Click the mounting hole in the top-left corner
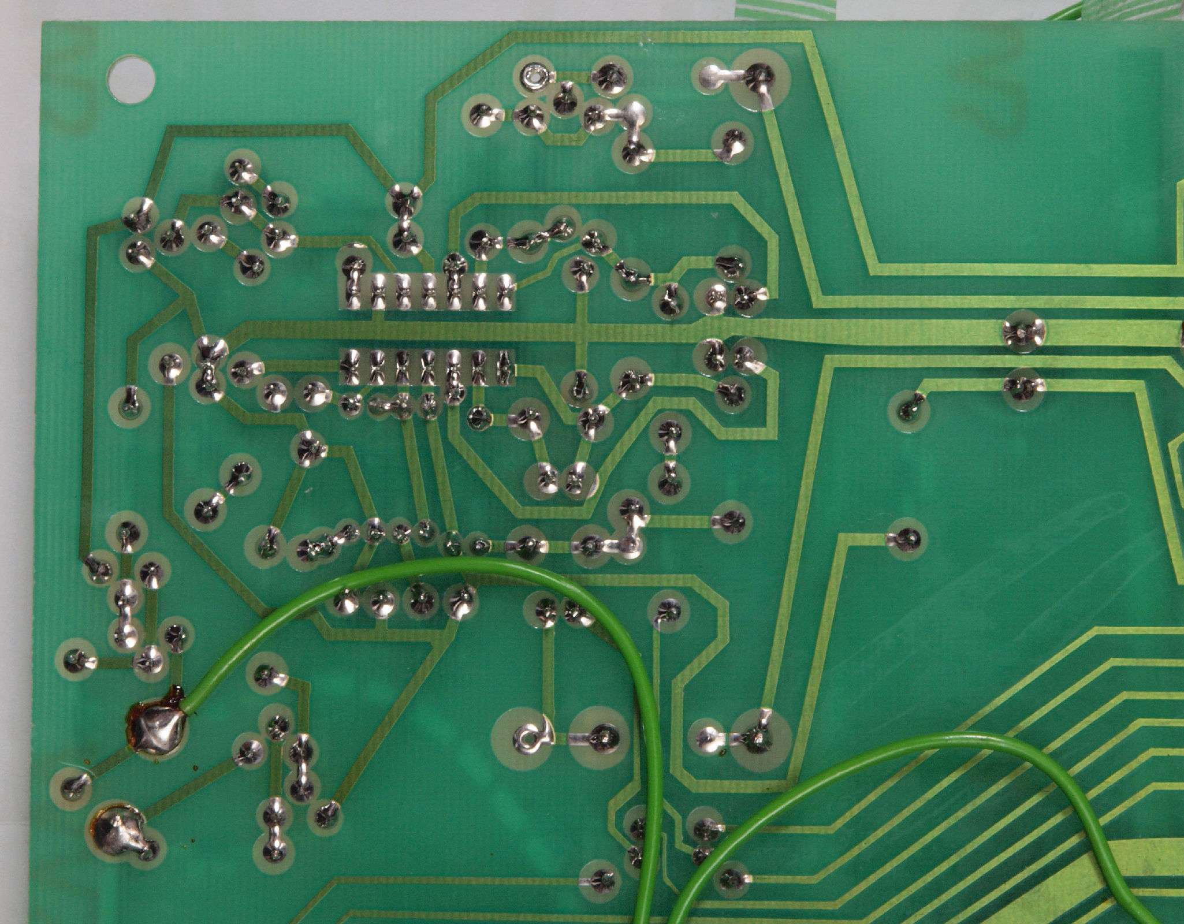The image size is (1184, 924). [132, 78]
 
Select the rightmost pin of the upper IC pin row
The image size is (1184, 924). [504, 292]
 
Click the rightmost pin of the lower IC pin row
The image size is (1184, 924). [504, 367]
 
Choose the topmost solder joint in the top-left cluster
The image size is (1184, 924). [241, 168]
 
